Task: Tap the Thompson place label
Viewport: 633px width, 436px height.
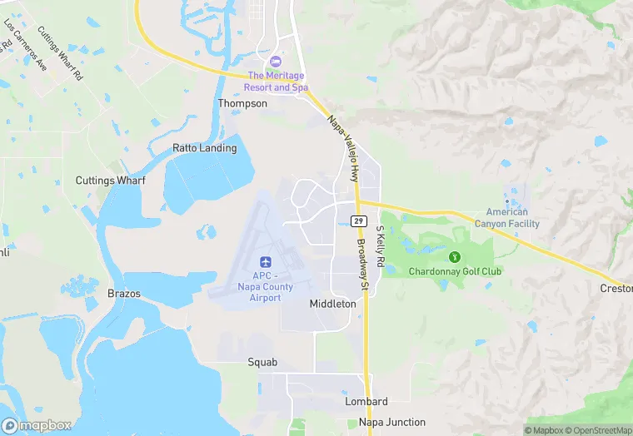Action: pos(242,103)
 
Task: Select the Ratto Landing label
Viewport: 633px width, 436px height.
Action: pos(204,148)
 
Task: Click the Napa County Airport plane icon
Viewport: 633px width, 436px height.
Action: pos(266,262)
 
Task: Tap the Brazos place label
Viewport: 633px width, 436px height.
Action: pos(124,294)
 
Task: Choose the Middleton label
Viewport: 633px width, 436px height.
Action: pos(332,304)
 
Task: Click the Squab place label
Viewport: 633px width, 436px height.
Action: pos(262,362)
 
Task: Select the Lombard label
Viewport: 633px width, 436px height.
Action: pos(366,401)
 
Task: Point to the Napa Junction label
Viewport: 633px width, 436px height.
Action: pos(391,422)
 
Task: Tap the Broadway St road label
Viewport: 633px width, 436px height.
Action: pos(362,265)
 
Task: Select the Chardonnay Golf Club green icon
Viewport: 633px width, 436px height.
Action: pos(455,256)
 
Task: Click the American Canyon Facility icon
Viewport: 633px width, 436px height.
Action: pos(506,201)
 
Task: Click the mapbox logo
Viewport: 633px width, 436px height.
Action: pos(36,425)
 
